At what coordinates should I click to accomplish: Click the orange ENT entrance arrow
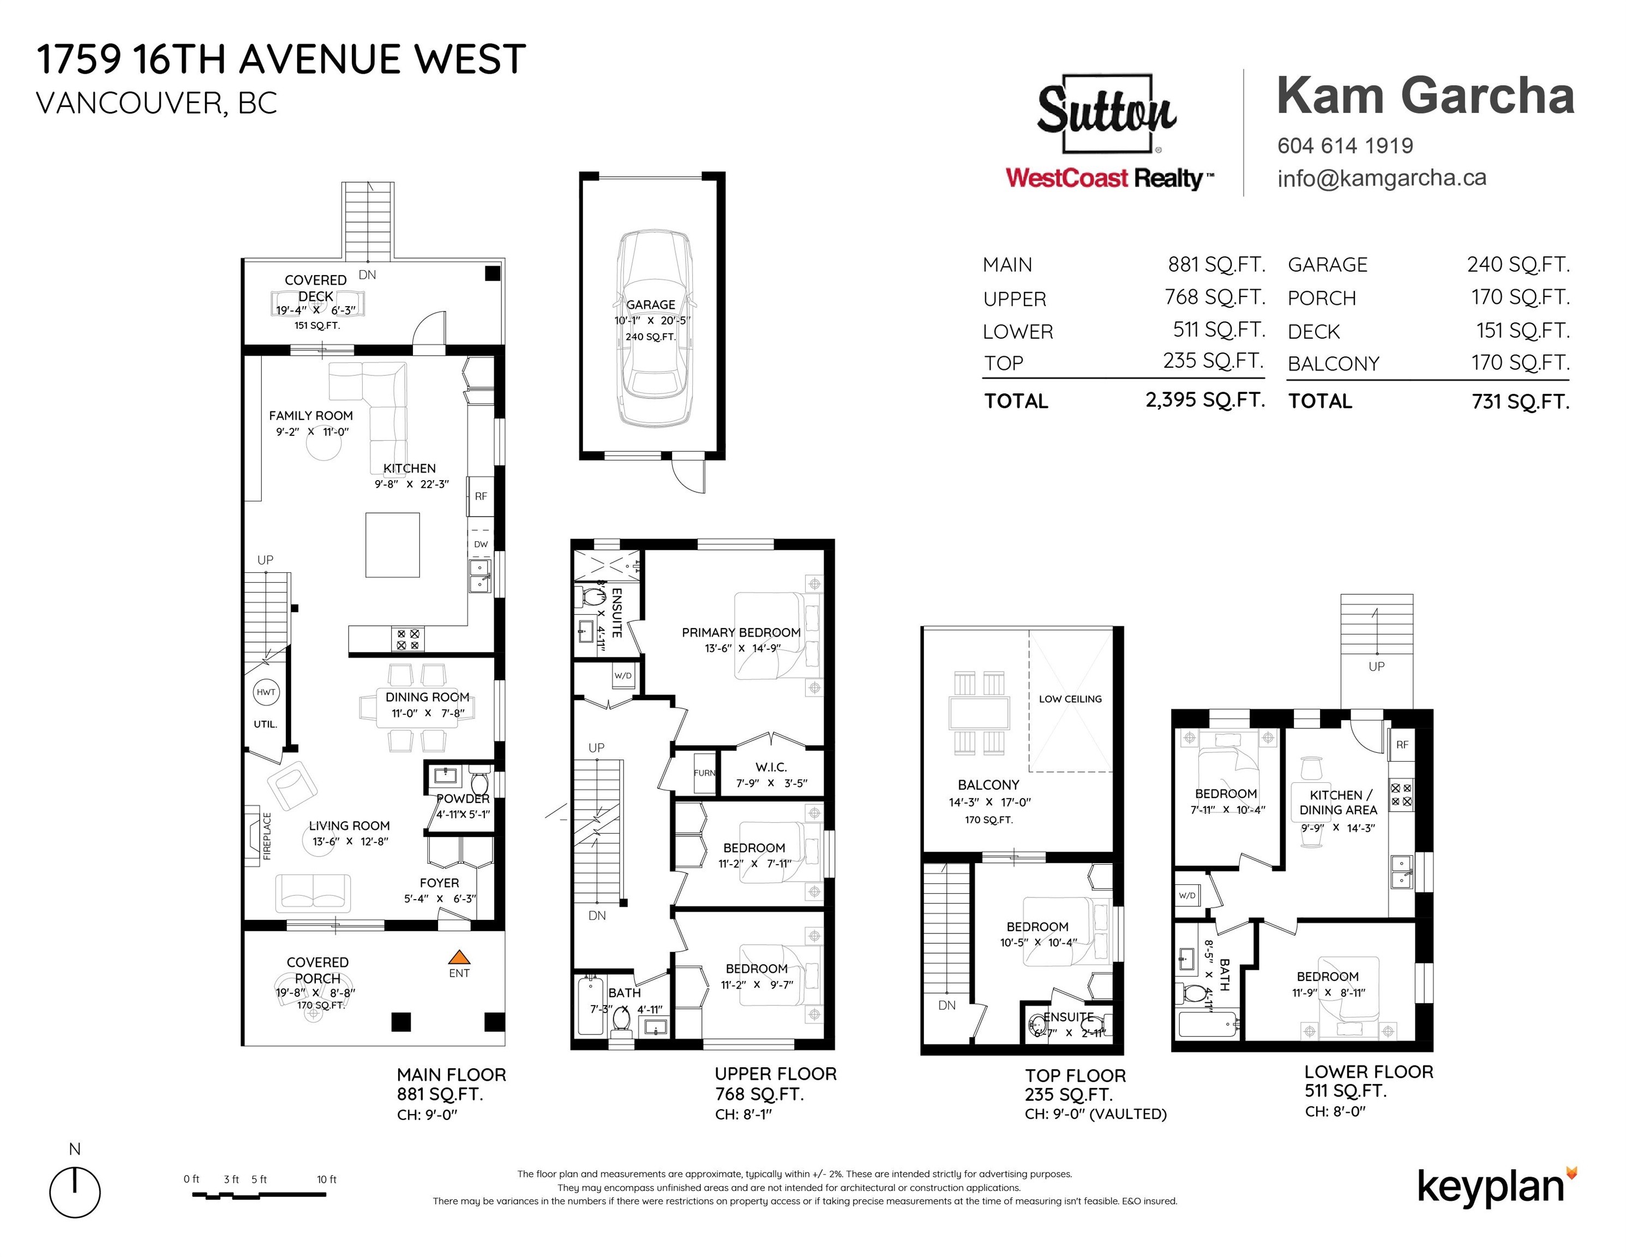click(x=459, y=957)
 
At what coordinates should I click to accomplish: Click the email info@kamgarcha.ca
click(x=1381, y=178)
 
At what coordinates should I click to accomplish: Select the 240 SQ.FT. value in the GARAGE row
click(x=1518, y=265)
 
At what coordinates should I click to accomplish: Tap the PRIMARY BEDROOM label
click(x=741, y=632)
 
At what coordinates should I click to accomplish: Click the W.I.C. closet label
click(x=771, y=767)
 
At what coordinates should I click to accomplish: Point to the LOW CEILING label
click(x=1070, y=698)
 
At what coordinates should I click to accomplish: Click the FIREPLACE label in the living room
click(x=267, y=835)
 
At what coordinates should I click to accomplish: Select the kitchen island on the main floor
click(x=392, y=544)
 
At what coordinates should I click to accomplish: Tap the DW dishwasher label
click(x=481, y=543)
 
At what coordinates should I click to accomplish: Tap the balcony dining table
click(x=979, y=713)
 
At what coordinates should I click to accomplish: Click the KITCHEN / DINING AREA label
click(x=1338, y=802)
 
